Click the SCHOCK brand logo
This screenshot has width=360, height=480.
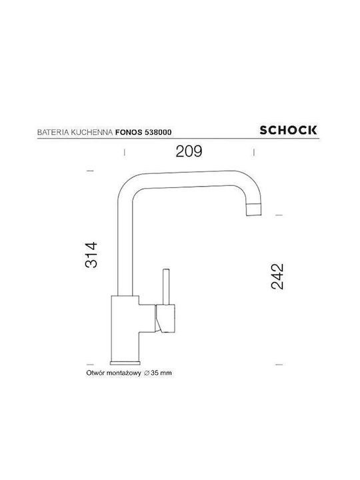[288, 130]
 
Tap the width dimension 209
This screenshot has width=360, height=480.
[189, 151]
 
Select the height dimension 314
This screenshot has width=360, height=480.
[91, 255]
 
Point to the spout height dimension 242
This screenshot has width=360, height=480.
[277, 277]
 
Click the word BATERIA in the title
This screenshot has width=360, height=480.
[53, 132]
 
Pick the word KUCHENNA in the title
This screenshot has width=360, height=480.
[92, 132]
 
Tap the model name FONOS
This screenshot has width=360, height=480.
[129, 132]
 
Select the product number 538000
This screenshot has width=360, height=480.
[158, 132]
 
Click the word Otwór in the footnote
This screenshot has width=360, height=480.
[94, 373]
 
